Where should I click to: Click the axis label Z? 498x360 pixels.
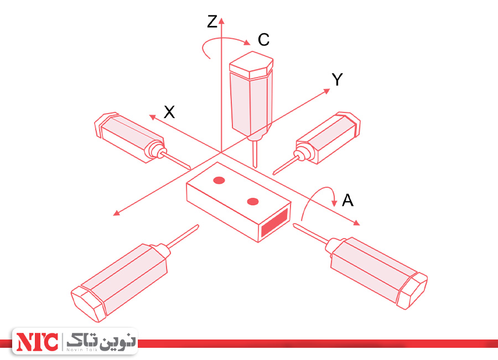[x=212, y=22]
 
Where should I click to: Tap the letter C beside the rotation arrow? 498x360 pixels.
[x=263, y=40]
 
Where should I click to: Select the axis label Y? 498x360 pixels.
[x=337, y=80]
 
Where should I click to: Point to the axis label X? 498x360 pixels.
[x=169, y=112]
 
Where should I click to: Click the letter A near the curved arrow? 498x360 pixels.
[x=347, y=200]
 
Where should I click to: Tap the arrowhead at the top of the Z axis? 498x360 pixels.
[x=221, y=20]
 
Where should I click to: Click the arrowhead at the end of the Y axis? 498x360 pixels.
[x=328, y=90]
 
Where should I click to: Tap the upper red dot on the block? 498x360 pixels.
[x=219, y=179]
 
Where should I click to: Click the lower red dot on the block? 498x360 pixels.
[x=253, y=201]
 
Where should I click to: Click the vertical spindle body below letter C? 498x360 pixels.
[x=251, y=97]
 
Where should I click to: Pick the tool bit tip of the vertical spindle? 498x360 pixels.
[x=255, y=164]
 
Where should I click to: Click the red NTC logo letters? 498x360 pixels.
[x=37, y=342]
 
